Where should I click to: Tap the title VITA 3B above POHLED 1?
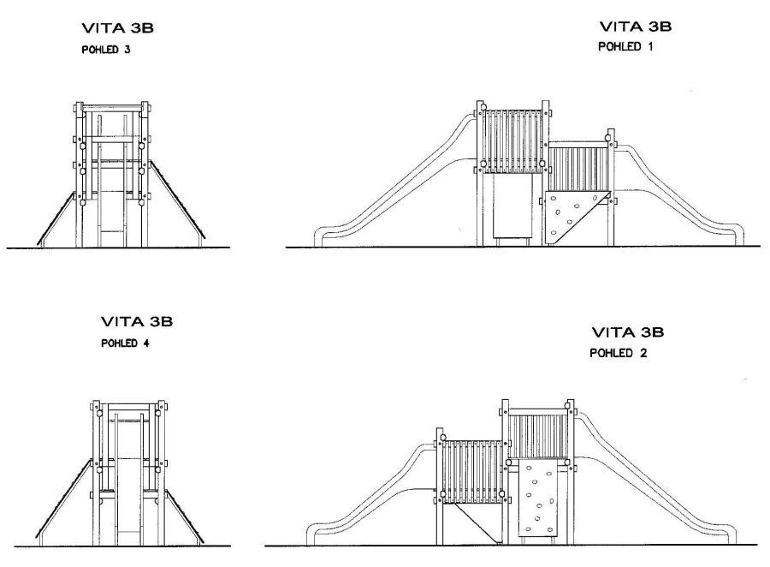(x=636, y=27)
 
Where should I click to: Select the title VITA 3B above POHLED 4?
(x=137, y=322)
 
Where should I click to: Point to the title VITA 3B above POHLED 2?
(x=627, y=332)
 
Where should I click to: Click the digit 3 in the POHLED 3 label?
(x=127, y=49)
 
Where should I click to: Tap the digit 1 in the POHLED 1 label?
(x=650, y=47)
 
